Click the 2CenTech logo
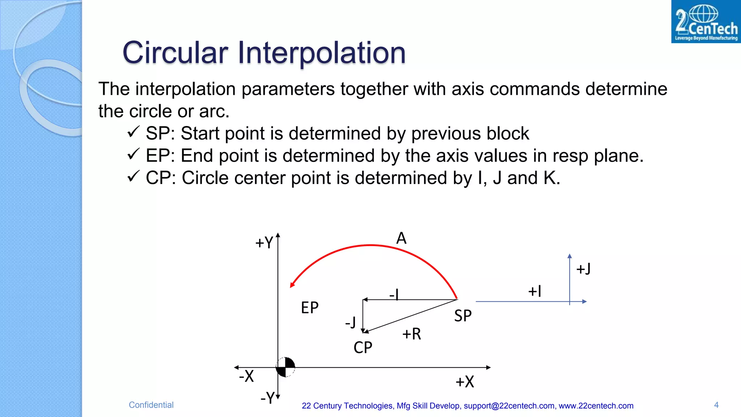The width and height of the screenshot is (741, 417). (x=706, y=22)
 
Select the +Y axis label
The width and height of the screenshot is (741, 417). (x=264, y=243)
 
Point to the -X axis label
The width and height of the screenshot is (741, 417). (x=246, y=376)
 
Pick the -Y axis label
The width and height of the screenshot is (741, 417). (x=268, y=397)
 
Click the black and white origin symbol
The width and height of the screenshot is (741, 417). (x=285, y=367)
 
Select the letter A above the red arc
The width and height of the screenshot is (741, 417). (x=401, y=238)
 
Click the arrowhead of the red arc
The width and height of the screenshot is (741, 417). (x=292, y=285)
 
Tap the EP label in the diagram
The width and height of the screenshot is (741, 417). (x=310, y=308)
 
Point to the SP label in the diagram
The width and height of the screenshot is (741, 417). (x=463, y=316)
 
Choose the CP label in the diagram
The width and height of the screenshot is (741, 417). (x=363, y=347)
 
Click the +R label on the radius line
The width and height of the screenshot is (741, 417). (x=411, y=334)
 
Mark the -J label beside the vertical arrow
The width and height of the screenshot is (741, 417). (x=350, y=322)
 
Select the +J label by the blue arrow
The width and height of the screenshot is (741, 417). (x=583, y=269)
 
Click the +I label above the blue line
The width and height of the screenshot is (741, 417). (x=535, y=291)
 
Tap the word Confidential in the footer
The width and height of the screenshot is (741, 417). (x=151, y=405)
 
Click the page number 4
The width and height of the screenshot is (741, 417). (x=716, y=405)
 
